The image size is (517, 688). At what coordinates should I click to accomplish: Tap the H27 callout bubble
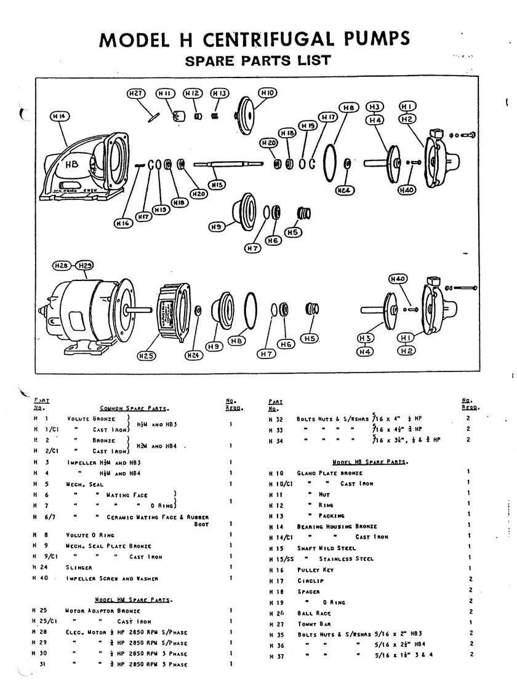(x=136, y=93)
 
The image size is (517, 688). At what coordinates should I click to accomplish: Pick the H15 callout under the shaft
(x=216, y=184)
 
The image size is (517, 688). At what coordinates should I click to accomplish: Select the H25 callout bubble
(x=147, y=355)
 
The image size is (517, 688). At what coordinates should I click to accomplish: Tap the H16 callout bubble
(x=123, y=223)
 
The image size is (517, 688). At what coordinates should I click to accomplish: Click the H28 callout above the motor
(x=60, y=266)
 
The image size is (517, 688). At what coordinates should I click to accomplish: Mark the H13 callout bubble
(x=220, y=93)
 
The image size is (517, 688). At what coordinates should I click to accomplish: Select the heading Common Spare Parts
(x=134, y=408)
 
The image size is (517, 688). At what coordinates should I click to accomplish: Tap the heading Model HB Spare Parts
(x=371, y=461)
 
